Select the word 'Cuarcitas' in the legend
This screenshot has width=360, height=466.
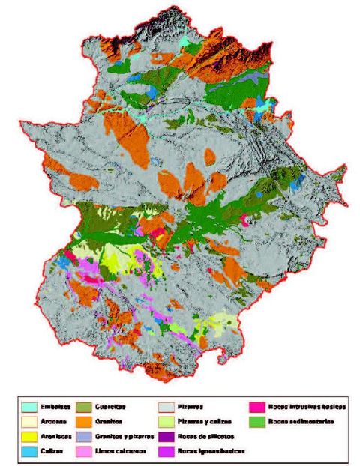click(x=113, y=407)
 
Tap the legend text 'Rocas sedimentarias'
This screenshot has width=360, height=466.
click(x=305, y=422)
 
